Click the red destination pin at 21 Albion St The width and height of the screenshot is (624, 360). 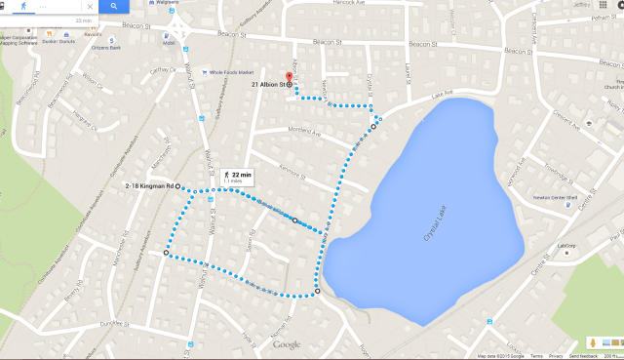point(289,78)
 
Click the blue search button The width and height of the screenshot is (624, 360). point(114,6)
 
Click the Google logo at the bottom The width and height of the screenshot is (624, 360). point(287,344)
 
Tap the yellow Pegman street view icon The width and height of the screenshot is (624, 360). point(591,343)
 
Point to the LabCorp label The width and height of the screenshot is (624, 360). point(566,245)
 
